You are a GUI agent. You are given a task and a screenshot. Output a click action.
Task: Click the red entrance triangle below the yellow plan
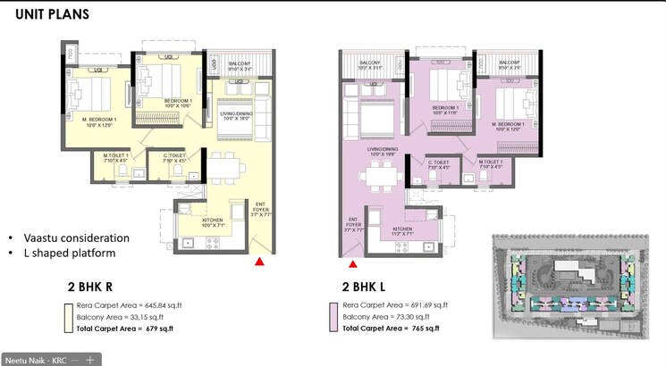259,262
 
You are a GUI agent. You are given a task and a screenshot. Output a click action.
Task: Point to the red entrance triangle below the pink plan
353,263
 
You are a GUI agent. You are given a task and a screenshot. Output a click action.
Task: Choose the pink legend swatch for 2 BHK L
335,317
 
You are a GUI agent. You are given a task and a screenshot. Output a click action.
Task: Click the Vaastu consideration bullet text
76,238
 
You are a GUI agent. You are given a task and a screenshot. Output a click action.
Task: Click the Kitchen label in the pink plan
404,229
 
